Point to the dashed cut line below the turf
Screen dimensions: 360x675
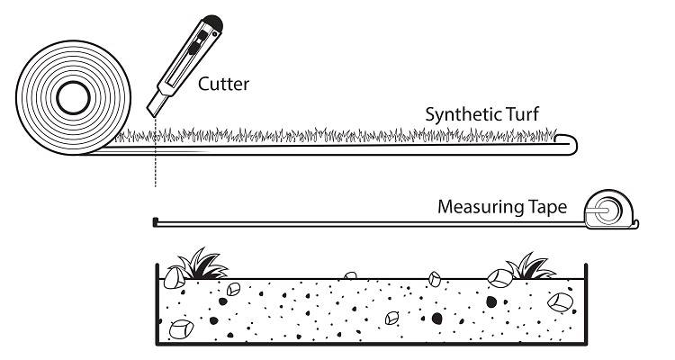tap(155, 166)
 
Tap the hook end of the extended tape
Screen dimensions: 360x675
tap(157, 220)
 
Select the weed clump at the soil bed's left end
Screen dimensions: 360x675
tap(199, 265)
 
